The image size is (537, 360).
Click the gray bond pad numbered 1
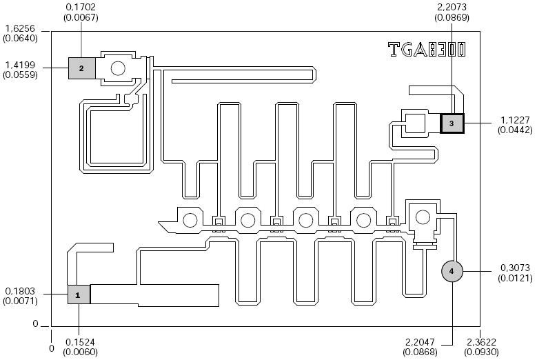pos(79,294)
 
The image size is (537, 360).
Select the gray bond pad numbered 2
pos(81,68)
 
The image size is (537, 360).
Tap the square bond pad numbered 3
pos(452,123)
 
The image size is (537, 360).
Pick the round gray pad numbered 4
pos(452,271)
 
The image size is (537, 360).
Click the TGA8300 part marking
pos(427,50)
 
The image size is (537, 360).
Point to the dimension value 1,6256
pos(20,28)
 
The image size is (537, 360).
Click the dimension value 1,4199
pos(20,65)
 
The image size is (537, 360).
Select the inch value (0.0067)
pos(81,17)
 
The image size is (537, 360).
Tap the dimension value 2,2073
pos(452,7)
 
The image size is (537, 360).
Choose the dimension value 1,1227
pos(515,120)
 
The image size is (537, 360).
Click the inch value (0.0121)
pos(515,278)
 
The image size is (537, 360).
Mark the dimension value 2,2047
pos(420,342)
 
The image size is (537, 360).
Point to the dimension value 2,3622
pos(482,342)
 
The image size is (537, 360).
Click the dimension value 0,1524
pos(80,342)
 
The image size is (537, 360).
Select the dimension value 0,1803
pos(20,291)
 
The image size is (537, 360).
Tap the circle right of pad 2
pos(118,68)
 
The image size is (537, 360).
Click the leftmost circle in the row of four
pos(190,220)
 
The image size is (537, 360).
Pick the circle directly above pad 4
pos(423,217)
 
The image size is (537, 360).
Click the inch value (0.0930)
pos(482,352)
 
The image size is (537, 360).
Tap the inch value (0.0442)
pos(515,130)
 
